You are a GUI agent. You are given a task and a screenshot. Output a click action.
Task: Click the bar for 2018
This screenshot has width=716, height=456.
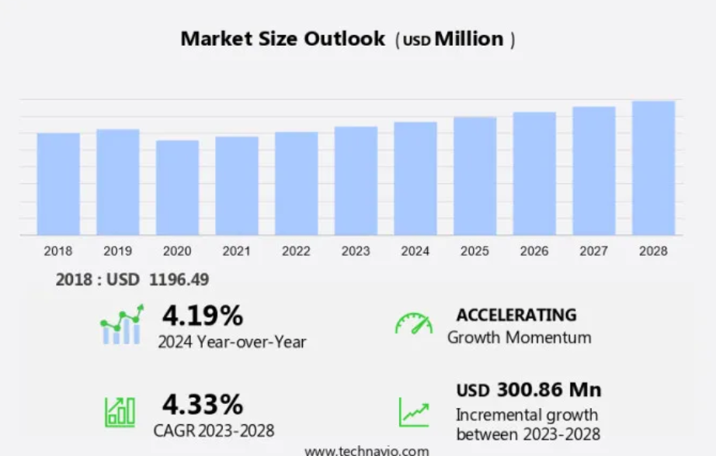[x=58, y=184]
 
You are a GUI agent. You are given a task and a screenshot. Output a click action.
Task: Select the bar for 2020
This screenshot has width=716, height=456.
[x=177, y=188]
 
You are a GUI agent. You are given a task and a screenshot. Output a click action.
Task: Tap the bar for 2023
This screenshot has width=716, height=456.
[x=356, y=181]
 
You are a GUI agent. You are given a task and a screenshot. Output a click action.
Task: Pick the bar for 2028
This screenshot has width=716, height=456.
[x=653, y=168]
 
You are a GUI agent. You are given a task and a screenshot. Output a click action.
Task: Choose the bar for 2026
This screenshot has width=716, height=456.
[x=534, y=174]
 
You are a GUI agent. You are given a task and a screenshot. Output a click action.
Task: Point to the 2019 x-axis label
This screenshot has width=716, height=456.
[x=117, y=251]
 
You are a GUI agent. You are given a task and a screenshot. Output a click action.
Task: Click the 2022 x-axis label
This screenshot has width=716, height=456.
[x=296, y=251]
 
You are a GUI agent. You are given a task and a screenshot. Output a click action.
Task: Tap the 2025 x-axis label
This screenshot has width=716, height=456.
[x=474, y=251]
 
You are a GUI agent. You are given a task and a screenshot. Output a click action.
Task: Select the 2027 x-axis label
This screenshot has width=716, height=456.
[x=593, y=251]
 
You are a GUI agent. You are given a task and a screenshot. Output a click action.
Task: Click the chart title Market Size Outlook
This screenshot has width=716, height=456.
[x=283, y=38]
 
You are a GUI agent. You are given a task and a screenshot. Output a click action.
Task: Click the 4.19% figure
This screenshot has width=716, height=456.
[x=202, y=316]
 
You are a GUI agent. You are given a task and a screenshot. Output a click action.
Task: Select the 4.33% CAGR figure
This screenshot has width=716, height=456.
[x=202, y=405]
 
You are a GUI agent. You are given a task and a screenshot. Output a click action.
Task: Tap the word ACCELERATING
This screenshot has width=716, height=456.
[x=516, y=315]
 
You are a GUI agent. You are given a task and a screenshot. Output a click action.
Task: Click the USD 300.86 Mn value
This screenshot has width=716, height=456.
[x=528, y=389]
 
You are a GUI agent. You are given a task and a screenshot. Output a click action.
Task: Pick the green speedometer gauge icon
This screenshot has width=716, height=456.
[x=413, y=323]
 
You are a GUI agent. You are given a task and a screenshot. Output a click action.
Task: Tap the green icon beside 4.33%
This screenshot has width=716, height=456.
[x=120, y=412]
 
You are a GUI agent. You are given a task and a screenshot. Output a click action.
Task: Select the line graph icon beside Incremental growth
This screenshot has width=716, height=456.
[x=413, y=412]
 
